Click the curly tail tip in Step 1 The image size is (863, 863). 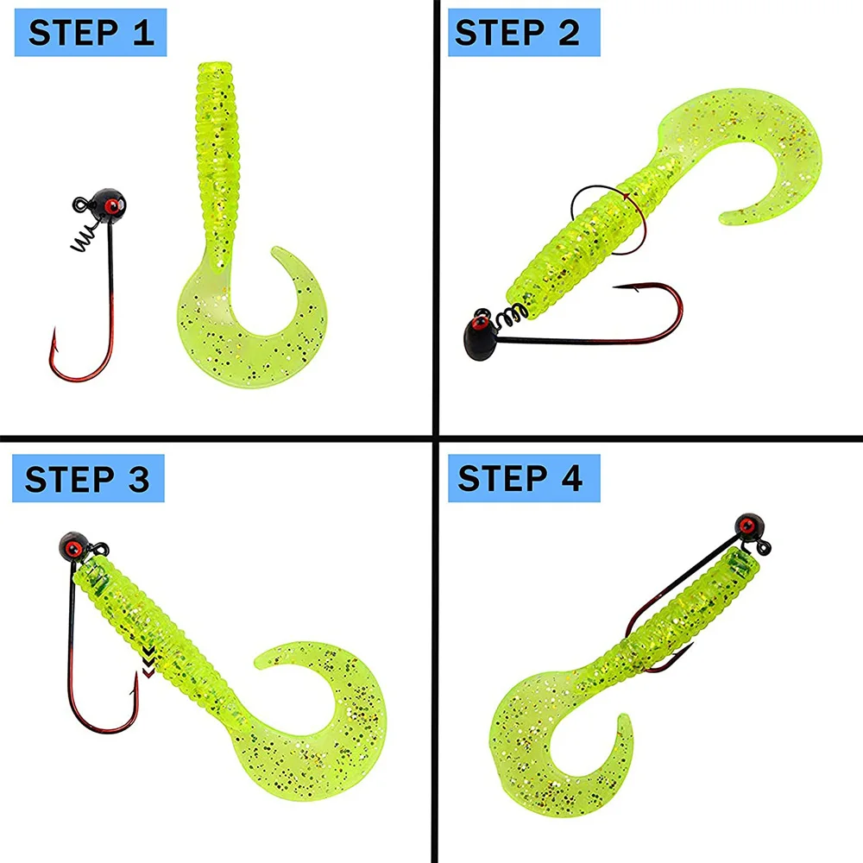coord(278,254)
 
